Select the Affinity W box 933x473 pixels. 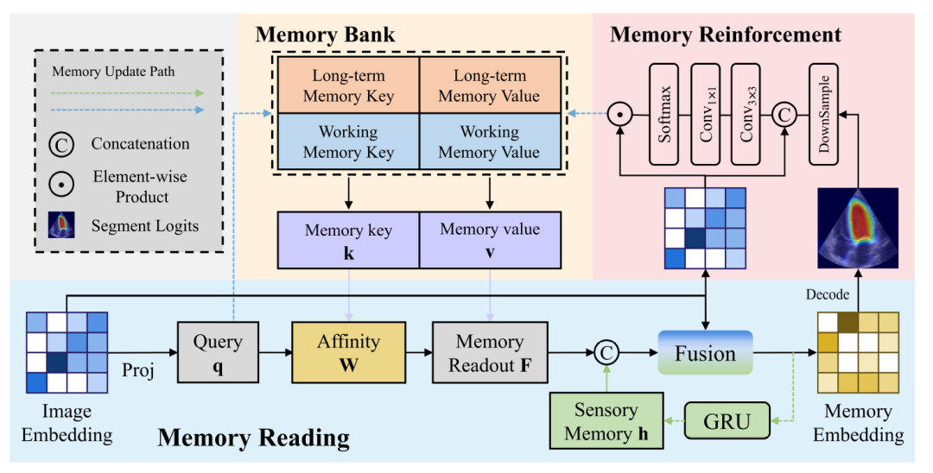(348, 352)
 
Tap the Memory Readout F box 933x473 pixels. (490, 352)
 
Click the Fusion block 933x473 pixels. (706, 352)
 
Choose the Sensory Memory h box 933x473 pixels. (606, 422)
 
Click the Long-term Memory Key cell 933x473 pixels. (346, 85)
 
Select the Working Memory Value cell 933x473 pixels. (490, 142)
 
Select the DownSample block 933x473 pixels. (825, 113)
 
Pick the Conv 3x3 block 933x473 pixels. (747, 113)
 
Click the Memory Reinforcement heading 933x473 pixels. (725, 35)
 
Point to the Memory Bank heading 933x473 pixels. (325, 35)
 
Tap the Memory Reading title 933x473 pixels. (253, 438)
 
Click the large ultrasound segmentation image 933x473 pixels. (858, 228)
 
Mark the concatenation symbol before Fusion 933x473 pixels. (606, 352)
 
